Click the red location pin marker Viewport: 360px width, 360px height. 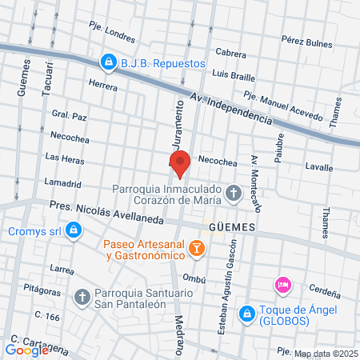tap(180, 162)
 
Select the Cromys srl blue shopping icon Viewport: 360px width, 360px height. tap(74, 231)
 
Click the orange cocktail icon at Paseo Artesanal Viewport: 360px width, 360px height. tap(197, 250)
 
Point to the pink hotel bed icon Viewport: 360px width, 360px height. tap(282, 285)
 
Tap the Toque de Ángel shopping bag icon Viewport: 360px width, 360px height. tap(247, 310)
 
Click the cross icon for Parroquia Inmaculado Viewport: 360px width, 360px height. tap(234, 193)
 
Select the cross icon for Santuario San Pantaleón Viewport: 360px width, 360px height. tap(82, 298)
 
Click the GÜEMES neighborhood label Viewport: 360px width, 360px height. tap(231, 227)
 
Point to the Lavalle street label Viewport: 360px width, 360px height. tap(319, 167)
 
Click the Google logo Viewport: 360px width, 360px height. tap(26, 350)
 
